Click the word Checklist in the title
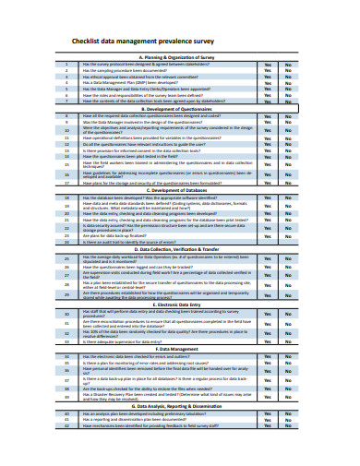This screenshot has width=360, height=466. click(x=90, y=41)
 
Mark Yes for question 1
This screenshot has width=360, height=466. click(x=268, y=64)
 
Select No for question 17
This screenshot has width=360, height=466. click(x=288, y=183)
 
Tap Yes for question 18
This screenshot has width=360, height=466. click(x=268, y=197)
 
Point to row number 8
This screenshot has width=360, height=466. click(x=67, y=115)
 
